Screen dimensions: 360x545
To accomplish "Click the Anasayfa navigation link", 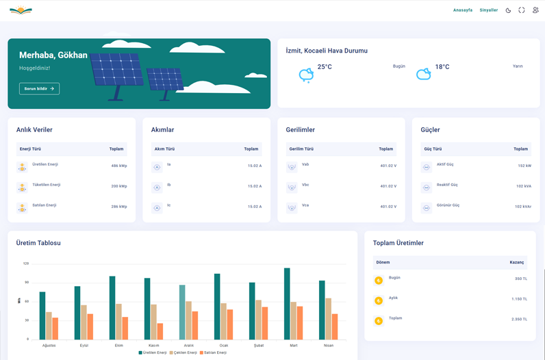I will [463, 10].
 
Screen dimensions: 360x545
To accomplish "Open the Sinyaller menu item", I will [488, 10].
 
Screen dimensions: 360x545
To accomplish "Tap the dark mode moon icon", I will [508, 10].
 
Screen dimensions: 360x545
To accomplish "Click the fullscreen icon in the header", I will [522, 10].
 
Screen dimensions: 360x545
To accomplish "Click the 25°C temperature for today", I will [325, 67].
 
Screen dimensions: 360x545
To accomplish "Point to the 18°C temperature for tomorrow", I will [442, 67].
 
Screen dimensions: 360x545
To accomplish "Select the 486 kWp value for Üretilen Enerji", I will [119, 166].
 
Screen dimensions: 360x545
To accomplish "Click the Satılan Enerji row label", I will [45, 205].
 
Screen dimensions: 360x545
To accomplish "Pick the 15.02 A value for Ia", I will [255, 166].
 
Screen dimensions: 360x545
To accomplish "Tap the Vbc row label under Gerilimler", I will [305, 185].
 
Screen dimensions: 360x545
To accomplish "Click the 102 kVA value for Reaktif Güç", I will [523, 186].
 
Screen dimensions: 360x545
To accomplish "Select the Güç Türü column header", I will [433, 149].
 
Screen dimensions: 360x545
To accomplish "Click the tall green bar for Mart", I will [287, 303].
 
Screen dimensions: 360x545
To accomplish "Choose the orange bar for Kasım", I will [160, 331].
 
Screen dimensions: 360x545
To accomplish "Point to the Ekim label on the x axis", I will [119, 346].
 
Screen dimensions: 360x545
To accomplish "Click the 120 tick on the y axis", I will [26, 263].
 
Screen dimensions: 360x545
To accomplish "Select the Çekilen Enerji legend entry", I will [183, 352].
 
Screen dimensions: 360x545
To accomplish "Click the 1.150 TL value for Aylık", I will [519, 299].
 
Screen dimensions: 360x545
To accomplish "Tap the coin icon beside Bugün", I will [379, 281].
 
